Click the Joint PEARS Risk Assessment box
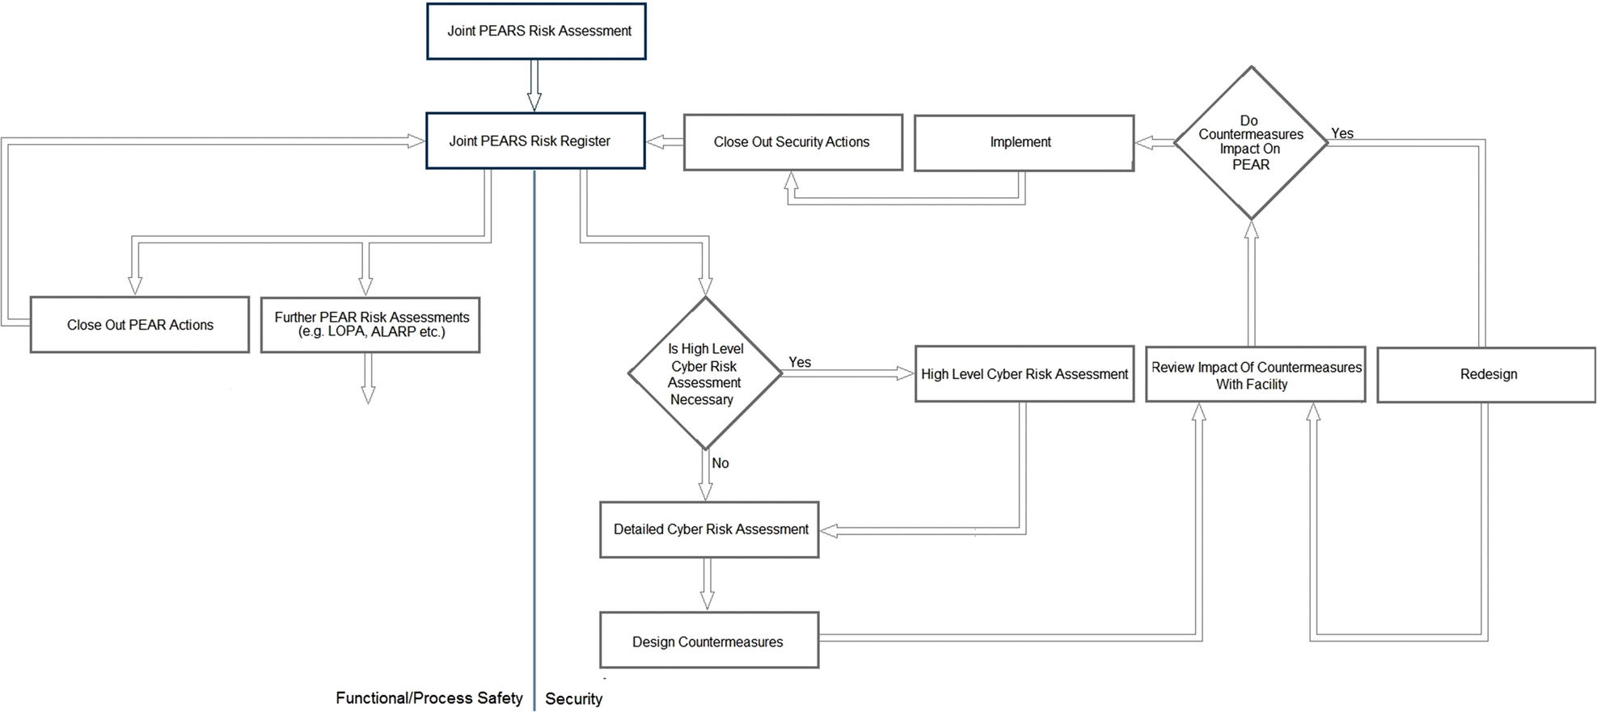click(x=536, y=32)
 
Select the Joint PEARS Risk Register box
click(x=535, y=141)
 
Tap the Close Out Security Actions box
click(x=793, y=142)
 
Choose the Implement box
click(x=1024, y=143)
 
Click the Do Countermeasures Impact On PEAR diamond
click(x=1251, y=142)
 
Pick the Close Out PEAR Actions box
click(x=140, y=325)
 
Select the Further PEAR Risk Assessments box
click(x=370, y=325)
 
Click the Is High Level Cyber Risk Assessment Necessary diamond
click(x=705, y=373)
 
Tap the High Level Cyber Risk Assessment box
click(x=1025, y=374)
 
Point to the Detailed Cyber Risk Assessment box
click(x=709, y=529)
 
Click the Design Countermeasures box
click(x=709, y=640)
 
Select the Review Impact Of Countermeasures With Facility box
click(x=1256, y=375)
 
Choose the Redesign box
click(x=1486, y=375)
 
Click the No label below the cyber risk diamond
click(x=720, y=463)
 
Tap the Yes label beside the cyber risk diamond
click(x=800, y=362)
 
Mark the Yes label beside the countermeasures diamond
click(x=1342, y=133)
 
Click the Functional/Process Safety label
click(x=429, y=697)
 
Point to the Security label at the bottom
click(x=573, y=699)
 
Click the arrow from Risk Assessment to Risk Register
click(x=534, y=86)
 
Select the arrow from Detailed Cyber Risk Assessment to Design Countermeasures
click(x=708, y=584)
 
